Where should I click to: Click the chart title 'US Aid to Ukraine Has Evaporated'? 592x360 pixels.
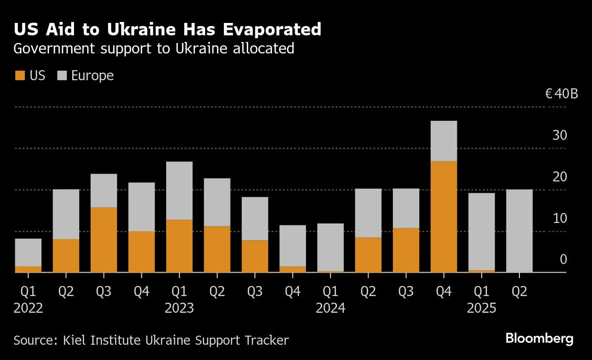point(167,30)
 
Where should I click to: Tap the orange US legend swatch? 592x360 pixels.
point(20,75)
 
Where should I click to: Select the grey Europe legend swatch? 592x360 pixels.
point(62,75)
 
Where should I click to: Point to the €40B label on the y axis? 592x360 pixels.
point(561,94)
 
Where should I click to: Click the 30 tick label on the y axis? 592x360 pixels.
point(560,136)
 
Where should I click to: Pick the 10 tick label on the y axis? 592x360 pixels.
point(560,219)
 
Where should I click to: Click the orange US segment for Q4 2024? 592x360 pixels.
point(444,216)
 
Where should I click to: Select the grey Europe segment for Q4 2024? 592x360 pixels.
point(444,141)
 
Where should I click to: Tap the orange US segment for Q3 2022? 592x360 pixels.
point(104,240)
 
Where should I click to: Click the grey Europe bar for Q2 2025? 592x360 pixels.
point(519,231)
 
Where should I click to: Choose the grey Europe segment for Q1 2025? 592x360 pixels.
point(481,232)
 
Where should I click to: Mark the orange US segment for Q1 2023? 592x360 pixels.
point(179,246)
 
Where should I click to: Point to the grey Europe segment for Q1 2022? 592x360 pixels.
point(28,252)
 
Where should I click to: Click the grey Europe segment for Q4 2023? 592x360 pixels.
point(292,245)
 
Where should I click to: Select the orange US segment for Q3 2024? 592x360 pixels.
point(406,250)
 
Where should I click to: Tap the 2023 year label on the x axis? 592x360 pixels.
point(179,308)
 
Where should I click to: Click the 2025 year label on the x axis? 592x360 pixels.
point(481,308)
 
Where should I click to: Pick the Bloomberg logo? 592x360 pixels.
point(539,339)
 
